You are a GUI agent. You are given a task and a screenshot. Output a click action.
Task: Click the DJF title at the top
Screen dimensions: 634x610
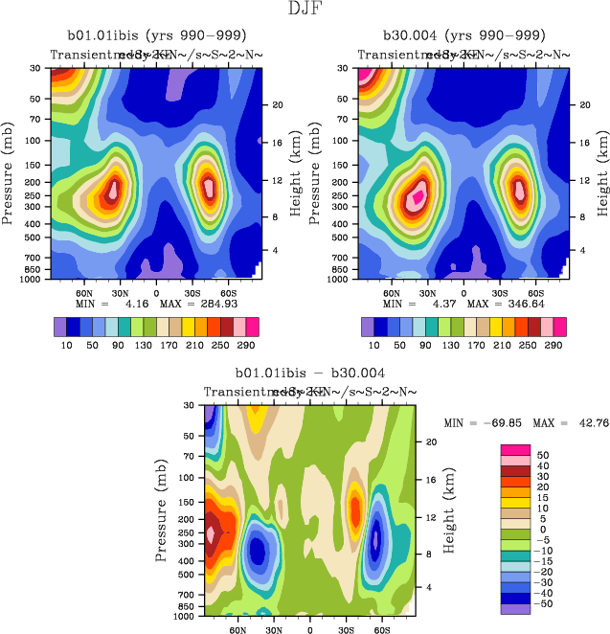tap(305, 10)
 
